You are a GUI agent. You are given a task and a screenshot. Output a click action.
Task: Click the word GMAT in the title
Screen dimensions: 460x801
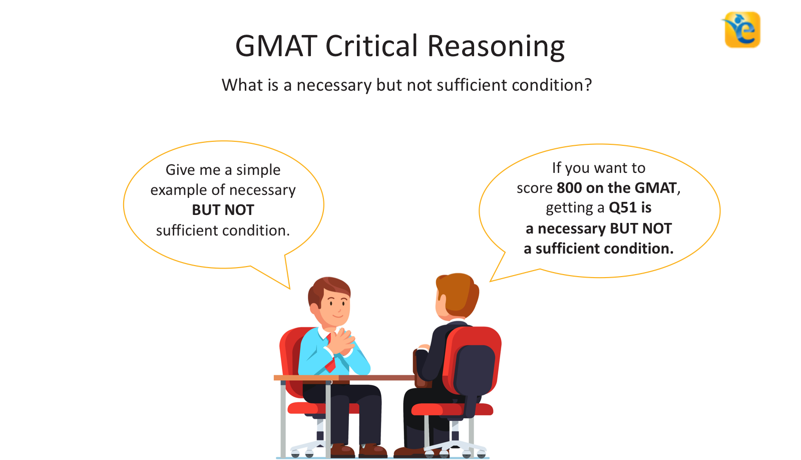(277, 46)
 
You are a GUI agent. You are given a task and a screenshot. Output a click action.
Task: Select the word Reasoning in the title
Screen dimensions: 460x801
(496, 47)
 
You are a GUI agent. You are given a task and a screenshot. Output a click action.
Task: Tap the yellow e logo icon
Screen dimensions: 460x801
(742, 30)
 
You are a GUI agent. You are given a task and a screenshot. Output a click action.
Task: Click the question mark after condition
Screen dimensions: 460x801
(588, 85)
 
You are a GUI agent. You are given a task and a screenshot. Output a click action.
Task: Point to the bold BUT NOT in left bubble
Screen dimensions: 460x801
(223, 210)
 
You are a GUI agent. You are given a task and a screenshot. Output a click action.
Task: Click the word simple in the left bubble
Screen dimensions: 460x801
(258, 170)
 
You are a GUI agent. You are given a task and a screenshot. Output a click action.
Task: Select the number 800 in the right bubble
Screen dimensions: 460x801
(569, 188)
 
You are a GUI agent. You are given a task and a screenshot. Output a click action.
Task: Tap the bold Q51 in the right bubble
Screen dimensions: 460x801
(622, 207)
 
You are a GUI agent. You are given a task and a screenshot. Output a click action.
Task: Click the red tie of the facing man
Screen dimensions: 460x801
(330, 363)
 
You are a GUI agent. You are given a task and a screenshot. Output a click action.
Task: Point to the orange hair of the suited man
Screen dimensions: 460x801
(458, 293)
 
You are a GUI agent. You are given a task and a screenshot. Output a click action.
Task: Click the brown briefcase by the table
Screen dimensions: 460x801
(421, 368)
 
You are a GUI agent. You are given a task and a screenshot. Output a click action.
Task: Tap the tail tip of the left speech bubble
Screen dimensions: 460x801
(289, 288)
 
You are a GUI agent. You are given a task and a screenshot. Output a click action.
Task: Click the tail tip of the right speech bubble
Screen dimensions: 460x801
(491, 281)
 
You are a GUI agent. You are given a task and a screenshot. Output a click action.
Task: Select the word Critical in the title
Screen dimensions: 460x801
(371, 46)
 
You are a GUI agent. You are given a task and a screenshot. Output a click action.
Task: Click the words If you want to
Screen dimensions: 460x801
(598, 168)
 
